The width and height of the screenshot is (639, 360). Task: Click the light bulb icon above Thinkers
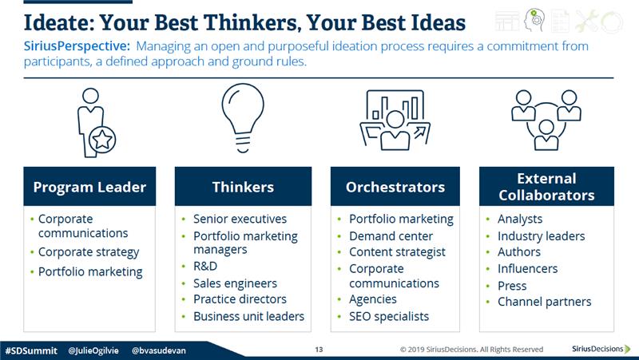(x=243, y=118)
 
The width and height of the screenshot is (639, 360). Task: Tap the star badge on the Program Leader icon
(x=102, y=140)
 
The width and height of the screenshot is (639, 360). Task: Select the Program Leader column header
(x=89, y=187)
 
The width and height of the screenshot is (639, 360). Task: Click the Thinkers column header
(x=243, y=187)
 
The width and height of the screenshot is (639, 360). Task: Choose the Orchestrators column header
(x=395, y=187)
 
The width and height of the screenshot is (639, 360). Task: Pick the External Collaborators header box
(x=546, y=187)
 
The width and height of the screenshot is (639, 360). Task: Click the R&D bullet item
(x=205, y=267)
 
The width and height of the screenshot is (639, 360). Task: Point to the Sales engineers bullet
(x=235, y=283)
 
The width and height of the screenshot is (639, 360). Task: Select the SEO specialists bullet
(x=389, y=316)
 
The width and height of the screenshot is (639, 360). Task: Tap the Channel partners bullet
(x=545, y=302)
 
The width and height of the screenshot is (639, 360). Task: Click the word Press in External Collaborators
(x=512, y=286)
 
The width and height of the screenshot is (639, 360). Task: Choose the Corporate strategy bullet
(x=89, y=252)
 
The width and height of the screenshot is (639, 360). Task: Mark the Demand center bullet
(x=391, y=236)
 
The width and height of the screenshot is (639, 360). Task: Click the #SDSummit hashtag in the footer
(x=31, y=350)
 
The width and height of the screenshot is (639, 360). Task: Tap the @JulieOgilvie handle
(x=93, y=350)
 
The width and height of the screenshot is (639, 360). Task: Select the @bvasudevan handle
(x=159, y=350)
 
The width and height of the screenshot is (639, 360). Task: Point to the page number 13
(x=319, y=350)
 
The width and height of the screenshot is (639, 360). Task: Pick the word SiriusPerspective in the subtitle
(x=77, y=46)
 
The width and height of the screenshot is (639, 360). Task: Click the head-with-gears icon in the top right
(x=534, y=21)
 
